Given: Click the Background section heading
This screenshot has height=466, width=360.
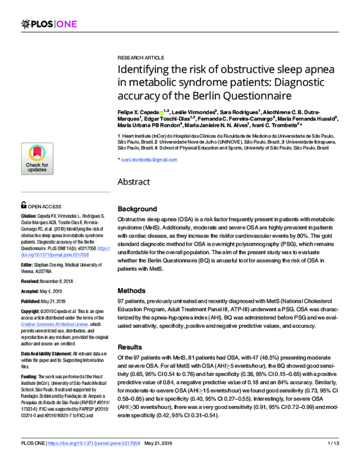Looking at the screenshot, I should [x=138, y=208].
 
